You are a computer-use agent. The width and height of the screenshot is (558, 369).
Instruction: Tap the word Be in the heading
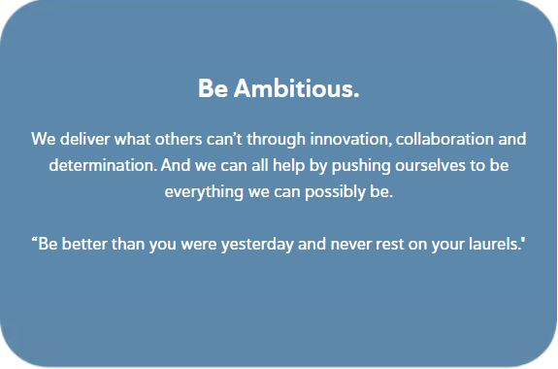tap(213, 89)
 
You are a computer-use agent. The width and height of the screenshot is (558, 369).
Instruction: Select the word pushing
tap(349, 165)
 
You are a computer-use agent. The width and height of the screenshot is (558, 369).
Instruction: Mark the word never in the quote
tap(347, 243)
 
